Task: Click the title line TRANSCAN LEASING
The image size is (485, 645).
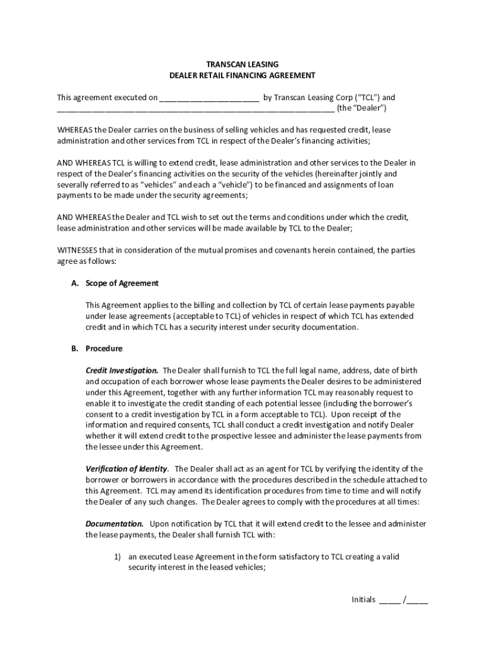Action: coord(243,64)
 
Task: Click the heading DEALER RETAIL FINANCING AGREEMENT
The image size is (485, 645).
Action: coord(243,75)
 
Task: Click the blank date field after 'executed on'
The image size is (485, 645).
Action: coord(209,98)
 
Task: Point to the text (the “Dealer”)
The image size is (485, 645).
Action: coord(362,108)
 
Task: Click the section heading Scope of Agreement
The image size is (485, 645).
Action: coord(122,283)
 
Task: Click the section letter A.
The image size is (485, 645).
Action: coord(74,283)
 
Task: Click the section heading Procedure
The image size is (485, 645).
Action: coord(104,348)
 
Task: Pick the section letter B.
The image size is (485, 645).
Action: coord(74,348)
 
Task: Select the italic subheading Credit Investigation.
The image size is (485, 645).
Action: coord(122,370)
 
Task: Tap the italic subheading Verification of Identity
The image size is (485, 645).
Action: coord(127,469)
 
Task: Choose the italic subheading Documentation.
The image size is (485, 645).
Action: coord(115,523)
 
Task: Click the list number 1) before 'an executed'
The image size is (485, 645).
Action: coord(117,557)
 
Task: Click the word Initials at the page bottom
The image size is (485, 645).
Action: coord(363,600)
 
